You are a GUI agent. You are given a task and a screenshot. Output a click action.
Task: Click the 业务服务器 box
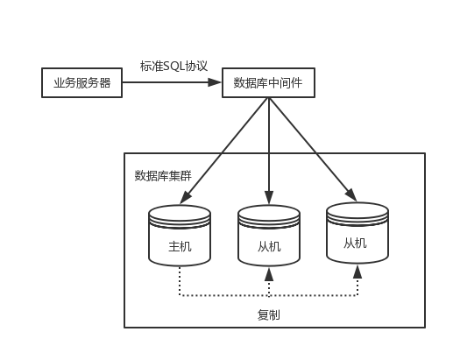81,83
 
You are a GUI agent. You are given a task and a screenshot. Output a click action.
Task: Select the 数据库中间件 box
267,83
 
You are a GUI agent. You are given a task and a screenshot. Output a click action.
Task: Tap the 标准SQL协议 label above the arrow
173,66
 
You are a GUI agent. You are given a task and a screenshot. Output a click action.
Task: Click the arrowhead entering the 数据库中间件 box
215,83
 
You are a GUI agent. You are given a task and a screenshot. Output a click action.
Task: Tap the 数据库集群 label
163,175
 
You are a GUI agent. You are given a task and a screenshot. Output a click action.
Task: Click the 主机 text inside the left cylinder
180,247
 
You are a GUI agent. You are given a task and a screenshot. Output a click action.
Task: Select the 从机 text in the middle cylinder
269,247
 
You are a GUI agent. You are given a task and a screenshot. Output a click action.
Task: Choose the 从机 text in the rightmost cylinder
357,243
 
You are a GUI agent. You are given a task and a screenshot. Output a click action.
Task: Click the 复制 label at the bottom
269,314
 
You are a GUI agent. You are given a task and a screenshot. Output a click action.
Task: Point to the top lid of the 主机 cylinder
180,213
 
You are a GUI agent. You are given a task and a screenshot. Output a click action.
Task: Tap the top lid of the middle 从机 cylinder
269,213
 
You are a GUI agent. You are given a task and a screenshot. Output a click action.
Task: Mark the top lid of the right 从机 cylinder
357,209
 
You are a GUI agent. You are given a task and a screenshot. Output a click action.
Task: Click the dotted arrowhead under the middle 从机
269,275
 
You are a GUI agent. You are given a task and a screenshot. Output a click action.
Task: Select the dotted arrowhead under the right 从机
357,271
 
